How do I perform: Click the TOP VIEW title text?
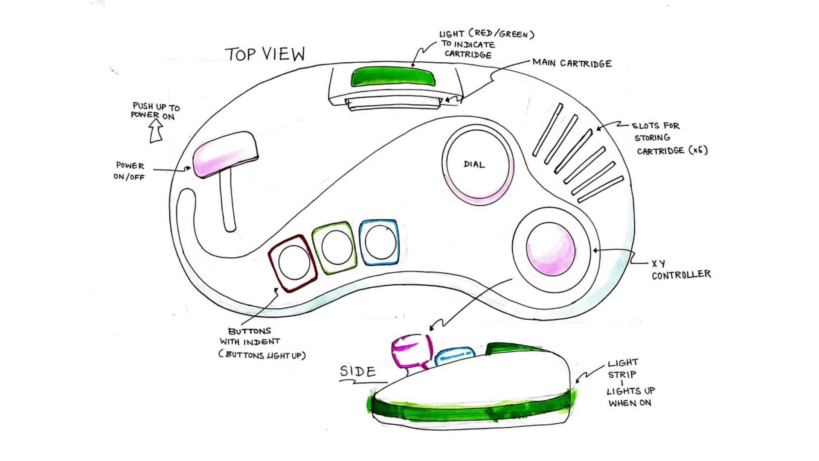265,54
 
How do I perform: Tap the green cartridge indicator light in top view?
393,77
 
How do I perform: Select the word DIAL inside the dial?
474,164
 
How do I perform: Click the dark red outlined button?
293,263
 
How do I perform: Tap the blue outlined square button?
379,242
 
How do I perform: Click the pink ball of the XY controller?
550,249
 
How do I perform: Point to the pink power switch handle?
225,153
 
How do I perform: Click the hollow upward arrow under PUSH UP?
156,130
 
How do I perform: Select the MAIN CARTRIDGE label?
572,64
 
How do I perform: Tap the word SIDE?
358,371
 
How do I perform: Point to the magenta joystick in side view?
410,351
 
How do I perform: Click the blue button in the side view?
455,356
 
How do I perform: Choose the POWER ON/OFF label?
130,171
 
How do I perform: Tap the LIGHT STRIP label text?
623,368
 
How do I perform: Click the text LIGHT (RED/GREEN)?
487,34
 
